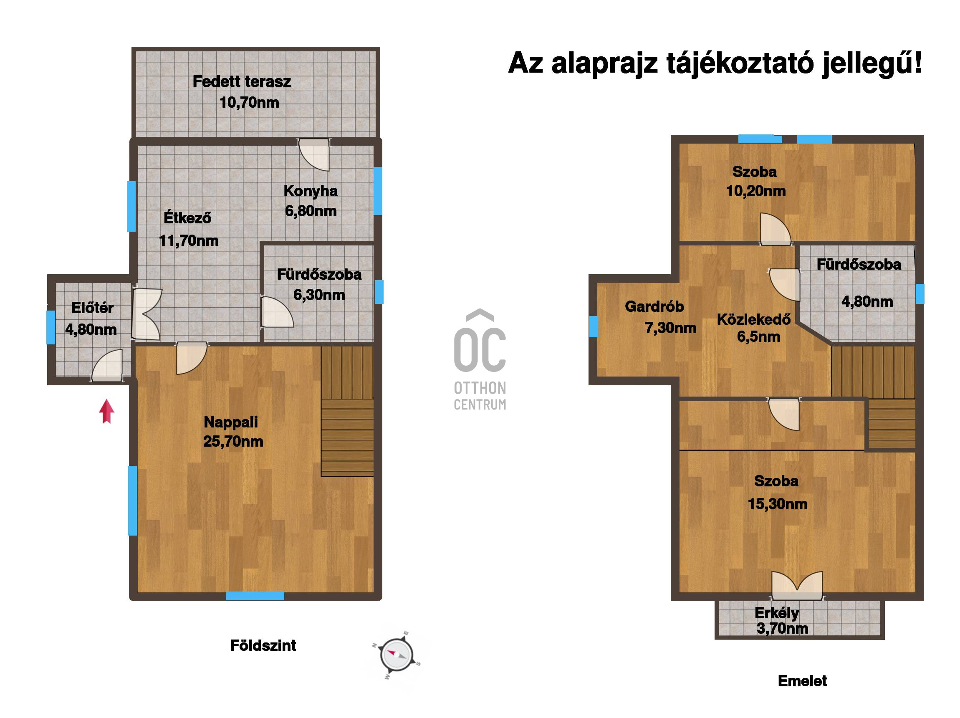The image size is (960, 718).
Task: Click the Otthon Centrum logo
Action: pyautogui.click(x=480, y=360)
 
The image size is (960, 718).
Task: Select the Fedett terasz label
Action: pyautogui.click(x=242, y=82)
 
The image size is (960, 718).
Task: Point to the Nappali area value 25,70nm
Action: pyautogui.click(x=233, y=442)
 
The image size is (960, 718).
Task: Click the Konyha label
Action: pyautogui.click(x=311, y=191)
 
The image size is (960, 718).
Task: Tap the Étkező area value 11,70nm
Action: pyautogui.click(x=189, y=240)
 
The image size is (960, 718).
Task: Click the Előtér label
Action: pyautogui.click(x=92, y=308)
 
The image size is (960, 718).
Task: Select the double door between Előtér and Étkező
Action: pyautogui.click(x=147, y=313)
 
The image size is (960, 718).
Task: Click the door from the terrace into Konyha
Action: pyautogui.click(x=314, y=154)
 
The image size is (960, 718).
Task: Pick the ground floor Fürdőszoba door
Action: pyautogui.click(x=277, y=311)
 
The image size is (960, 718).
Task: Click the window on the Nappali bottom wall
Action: pyautogui.click(x=255, y=596)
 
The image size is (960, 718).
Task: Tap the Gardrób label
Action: pyautogui.click(x=654, y=306)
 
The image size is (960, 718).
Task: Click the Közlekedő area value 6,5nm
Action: pyautogui.click(x=759, y=336)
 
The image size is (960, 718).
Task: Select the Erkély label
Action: pyautogui.click(x=777, y=613)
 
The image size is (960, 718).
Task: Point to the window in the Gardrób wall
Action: pyautogui.click(x=593, y=326)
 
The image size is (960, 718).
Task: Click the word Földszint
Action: pyautogui.click(x=263, y=645)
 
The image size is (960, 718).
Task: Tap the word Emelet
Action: pyautogui.click(x=803, y=681)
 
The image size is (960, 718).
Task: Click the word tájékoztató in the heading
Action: pyautogui.click(x=740, y=63)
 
